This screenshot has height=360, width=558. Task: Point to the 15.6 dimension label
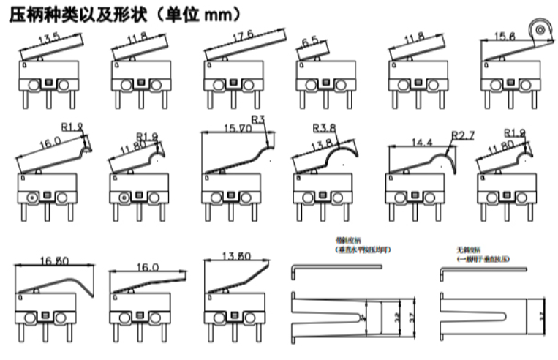pyautogui.click(x=505, y=37)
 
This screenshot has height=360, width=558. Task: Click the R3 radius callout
pyautogui.click(x=257, y=119)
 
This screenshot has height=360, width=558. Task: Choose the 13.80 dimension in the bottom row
pyautogui.click(x=237, y=255)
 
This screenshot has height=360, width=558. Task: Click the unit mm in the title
pyautogui.click(x=222, y=14)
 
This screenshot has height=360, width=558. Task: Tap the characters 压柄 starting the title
pyautogui.click(x=23, y=14)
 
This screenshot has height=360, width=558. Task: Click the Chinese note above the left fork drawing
pyautogui.click(x=356, y=245)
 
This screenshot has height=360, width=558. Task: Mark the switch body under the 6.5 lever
pyautogui.click(x=320, y=73)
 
